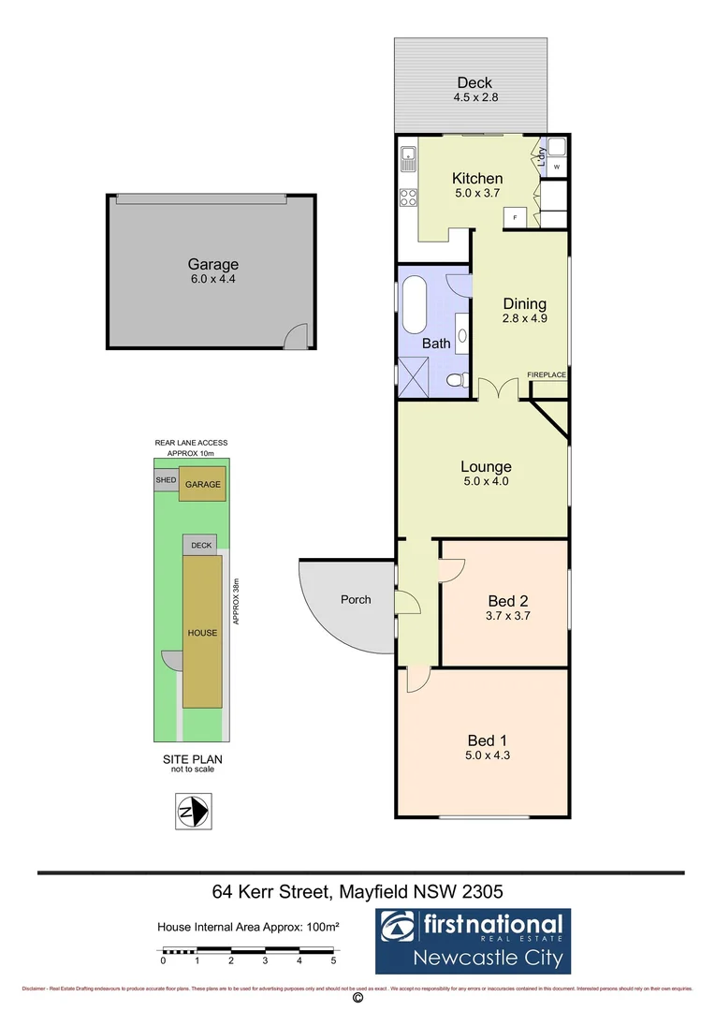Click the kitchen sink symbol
click(408, 159)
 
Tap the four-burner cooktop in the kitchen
click(409, 198)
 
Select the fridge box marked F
click(514, 218)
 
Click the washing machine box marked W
click(556, 168)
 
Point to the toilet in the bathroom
click(457, 380)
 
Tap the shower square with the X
click(413, 378)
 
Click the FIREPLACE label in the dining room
click(547, 374)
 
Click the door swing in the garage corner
click(297, 336)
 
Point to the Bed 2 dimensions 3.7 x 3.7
click(509, 616)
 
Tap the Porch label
click(356, 599)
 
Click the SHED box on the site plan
click(166, 480)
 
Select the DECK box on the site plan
click(201, 545)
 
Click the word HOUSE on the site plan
click(202, 633)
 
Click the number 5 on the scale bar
click(333, 960)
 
